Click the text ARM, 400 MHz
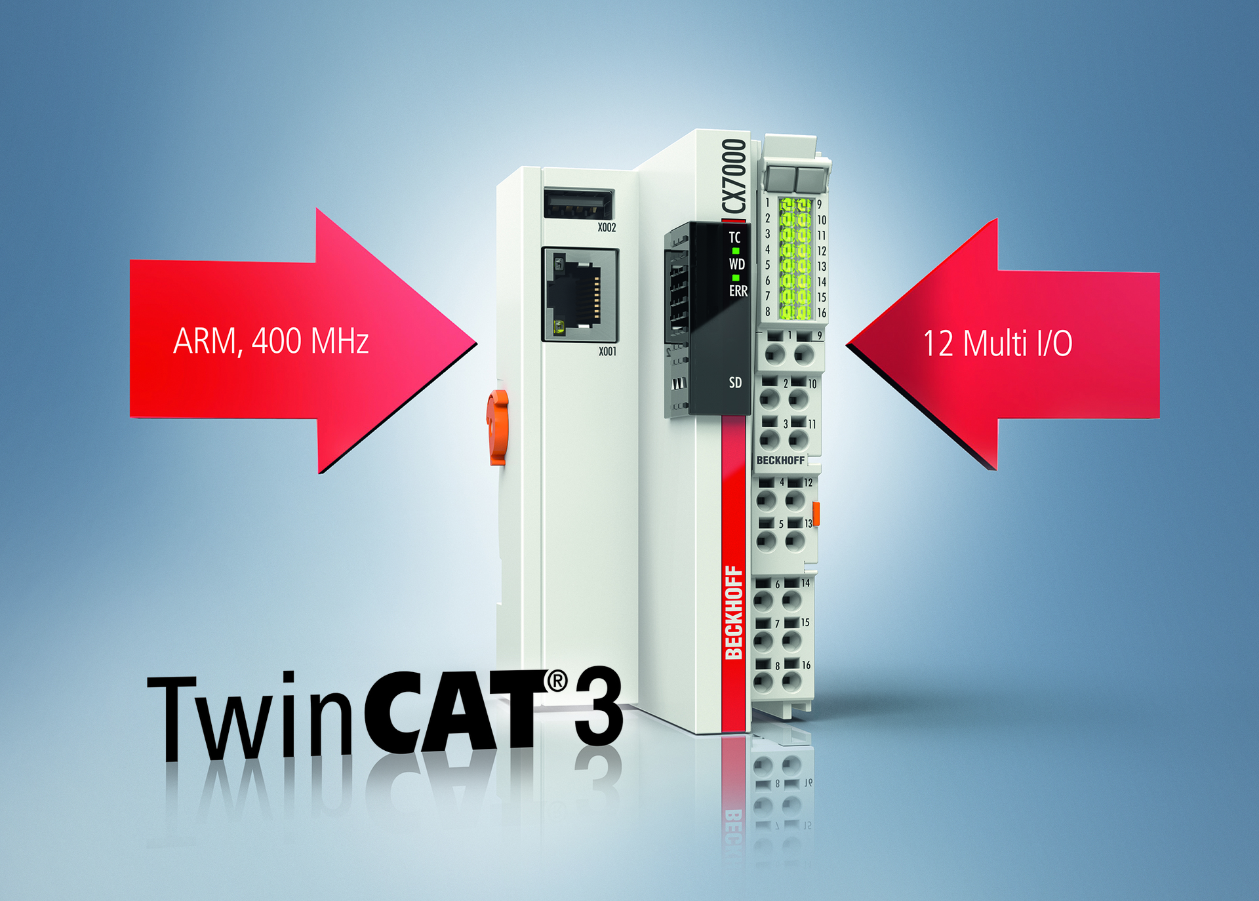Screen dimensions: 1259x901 pos(271,341)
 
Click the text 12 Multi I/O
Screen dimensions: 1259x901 pos(997,343)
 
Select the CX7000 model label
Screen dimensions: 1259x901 pos(734,176)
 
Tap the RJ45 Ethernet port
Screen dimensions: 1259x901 pos(580,294)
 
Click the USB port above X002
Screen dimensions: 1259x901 pos(578,203)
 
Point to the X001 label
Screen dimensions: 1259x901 pos(607,351)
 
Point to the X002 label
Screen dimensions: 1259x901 pos(607,228)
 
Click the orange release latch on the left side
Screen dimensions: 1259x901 pos(497,427)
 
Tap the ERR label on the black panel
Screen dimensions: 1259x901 pos(738,291)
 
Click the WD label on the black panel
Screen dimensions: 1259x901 pos(737,264)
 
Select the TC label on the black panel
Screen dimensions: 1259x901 pos(735,237)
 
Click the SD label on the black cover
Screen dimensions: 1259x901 pos(736,382)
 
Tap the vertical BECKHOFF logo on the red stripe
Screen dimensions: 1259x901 pos(734,612)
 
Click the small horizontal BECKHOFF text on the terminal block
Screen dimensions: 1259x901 pos(780,460)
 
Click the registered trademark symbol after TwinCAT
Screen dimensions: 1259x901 pos(557,681)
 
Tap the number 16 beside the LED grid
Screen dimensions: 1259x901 pos(822,313)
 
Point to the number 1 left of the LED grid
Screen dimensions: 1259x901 pos(768,203)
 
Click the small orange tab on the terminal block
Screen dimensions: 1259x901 pos(816,513)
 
